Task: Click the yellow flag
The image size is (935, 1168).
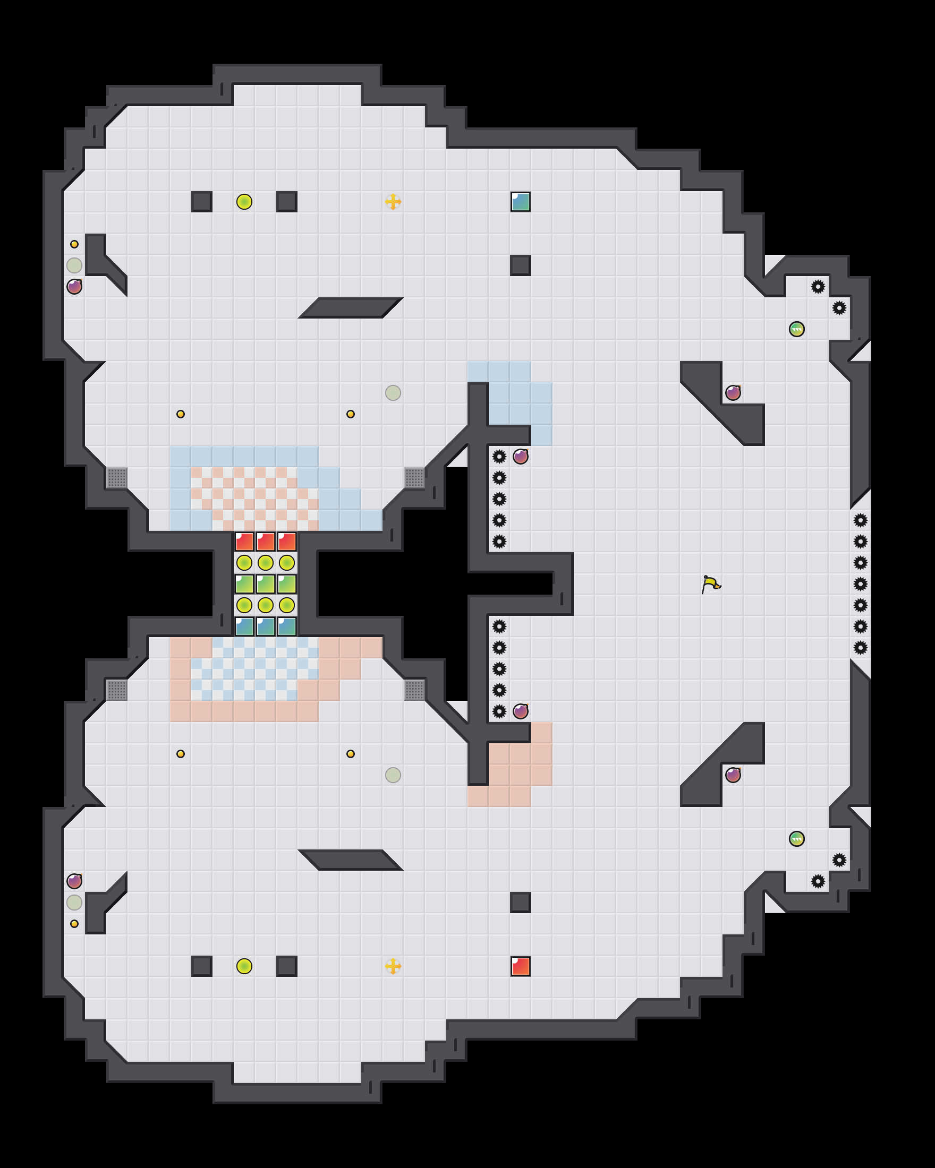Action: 711,584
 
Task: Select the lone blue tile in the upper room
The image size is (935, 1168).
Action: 520,202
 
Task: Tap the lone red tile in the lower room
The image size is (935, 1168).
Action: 520,966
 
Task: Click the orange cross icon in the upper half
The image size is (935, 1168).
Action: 393,202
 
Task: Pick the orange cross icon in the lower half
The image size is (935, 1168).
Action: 393,966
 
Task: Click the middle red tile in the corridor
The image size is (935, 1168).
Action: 266,541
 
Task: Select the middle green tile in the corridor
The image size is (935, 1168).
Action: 266,584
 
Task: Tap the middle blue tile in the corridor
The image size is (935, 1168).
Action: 266,626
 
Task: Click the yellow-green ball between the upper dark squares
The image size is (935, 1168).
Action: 244,202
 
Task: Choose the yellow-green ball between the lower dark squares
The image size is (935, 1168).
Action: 244,966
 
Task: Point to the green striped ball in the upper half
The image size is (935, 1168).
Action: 796,329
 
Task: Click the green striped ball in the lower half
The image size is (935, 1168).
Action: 796,839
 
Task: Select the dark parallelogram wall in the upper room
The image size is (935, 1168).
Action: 350,308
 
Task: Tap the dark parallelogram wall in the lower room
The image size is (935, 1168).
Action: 350,860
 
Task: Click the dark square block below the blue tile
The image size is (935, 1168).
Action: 520,265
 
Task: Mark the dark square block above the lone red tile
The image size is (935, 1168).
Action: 520,903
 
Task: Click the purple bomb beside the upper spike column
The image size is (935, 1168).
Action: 520,456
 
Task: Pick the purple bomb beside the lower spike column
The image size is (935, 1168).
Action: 520,711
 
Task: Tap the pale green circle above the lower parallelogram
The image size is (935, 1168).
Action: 393,775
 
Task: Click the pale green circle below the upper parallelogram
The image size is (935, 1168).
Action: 393,393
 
